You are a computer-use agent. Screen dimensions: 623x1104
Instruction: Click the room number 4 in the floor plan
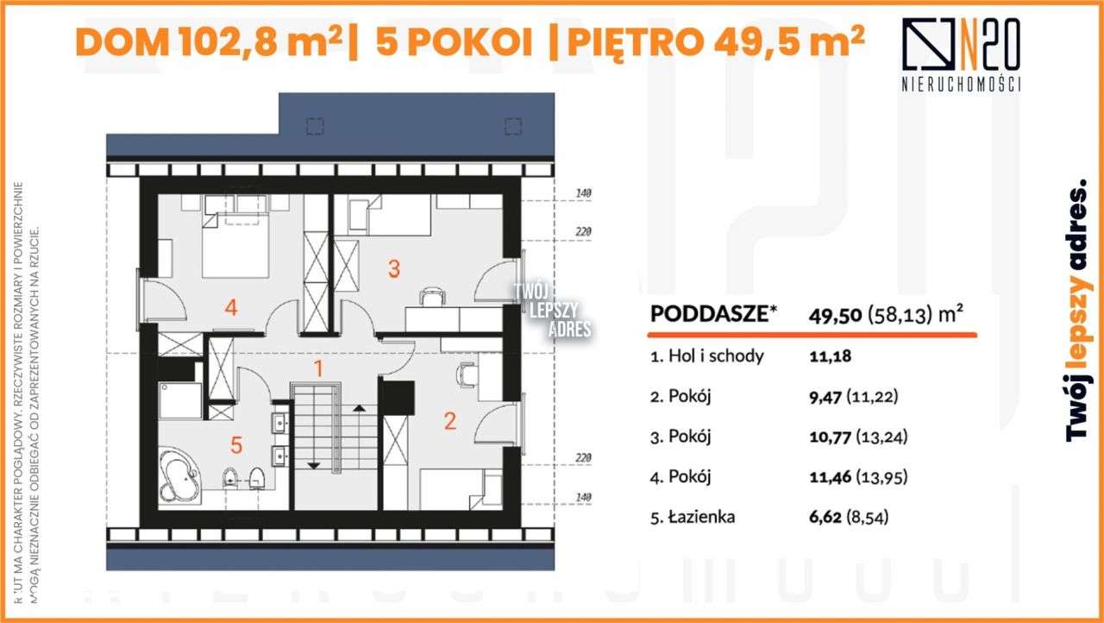coord(230,307)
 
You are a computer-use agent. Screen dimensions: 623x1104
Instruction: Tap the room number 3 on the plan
coord(393,268)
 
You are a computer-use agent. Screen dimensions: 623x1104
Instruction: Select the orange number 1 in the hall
coord(318,369)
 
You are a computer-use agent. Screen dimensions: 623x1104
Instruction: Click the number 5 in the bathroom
coord(236,446)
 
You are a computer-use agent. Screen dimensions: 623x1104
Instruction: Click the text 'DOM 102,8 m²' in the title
coord(209,41)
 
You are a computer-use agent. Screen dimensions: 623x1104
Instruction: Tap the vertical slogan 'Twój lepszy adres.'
coord(1076,311)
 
